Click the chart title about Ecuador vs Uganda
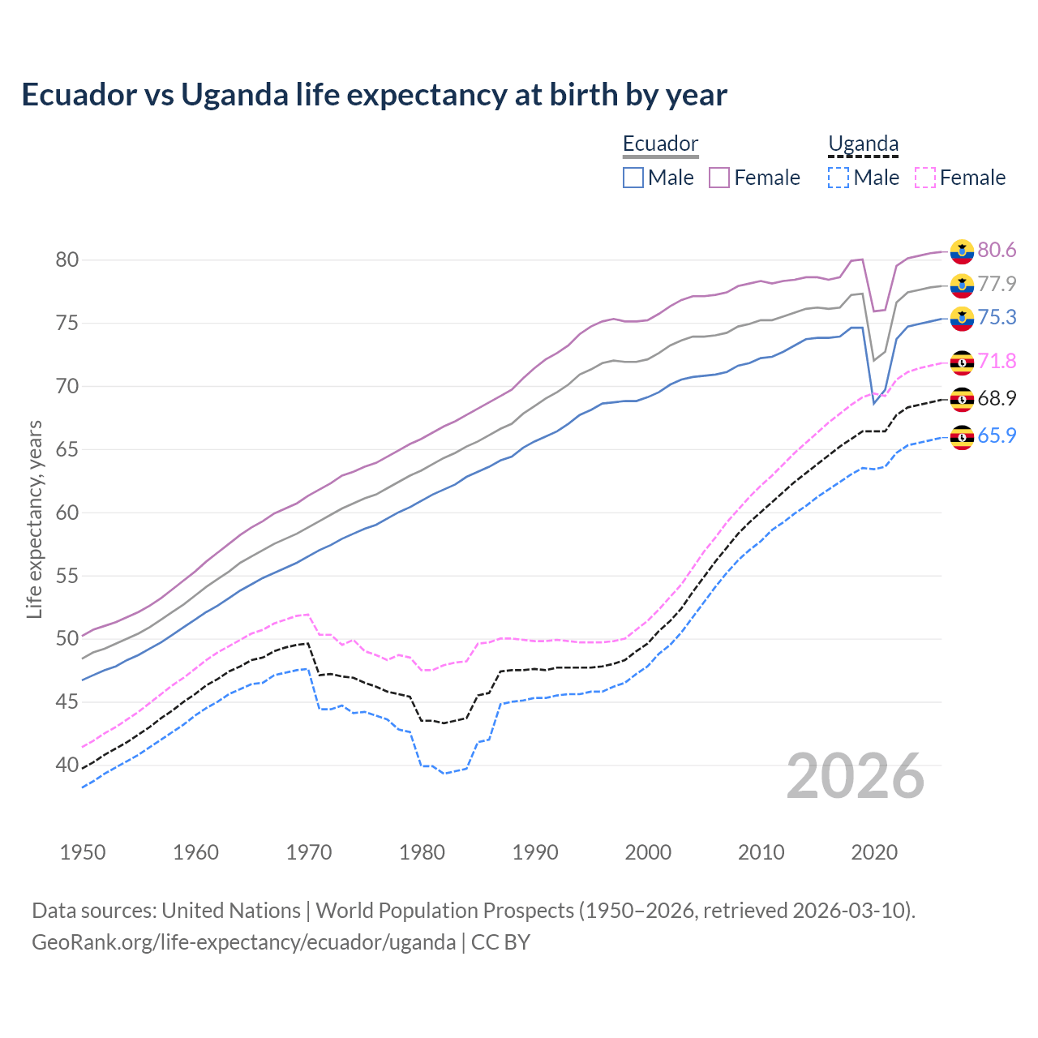[x=374, y=95]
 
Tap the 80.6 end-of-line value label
[x=997, y=250]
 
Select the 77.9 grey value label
[x=997, y=284]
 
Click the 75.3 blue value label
[x=997, y=317]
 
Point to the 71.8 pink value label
[x=997, y=361]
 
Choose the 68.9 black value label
[x=997, y=398]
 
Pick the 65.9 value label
[x=997, y=435]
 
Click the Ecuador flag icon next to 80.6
[x=962, y=251]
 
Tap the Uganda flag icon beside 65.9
[x=962, y=437]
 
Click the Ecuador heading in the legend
[x=660, y=144]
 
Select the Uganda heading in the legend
[x=863, y=144]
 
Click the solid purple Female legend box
[x=719, y=178]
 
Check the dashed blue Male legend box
[x=839, y=178]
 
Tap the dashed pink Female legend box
[x=924, y=178]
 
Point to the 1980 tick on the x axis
[x=422, y=852]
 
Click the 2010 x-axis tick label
[x=761, y=852]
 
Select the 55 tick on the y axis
[x=66, y=576]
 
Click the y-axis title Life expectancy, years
[x=34, y=519]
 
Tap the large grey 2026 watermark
[x=856, y=776]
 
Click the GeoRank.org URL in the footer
[x=243, y=941]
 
